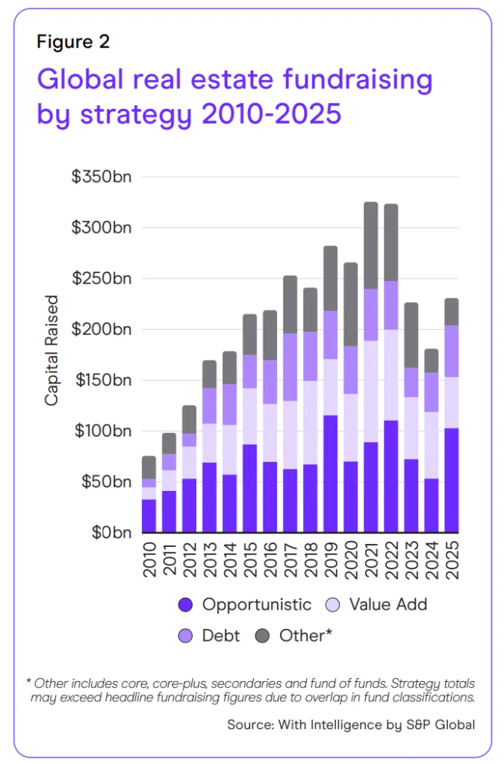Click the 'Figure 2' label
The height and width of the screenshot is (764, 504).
click(73, 42)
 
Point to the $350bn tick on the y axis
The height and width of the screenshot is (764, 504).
click(101, 177)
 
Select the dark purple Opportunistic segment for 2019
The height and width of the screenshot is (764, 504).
click(330, 474)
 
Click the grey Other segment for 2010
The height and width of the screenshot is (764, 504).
click(149, 467)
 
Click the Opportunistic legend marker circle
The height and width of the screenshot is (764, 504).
click(185, 604)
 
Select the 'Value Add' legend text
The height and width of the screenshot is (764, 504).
click(388, 604)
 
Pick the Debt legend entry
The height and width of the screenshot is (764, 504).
click(212, 636)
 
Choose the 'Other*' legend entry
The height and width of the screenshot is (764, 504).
click(295, 636)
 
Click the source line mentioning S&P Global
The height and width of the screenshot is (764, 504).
click(350, 724)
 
